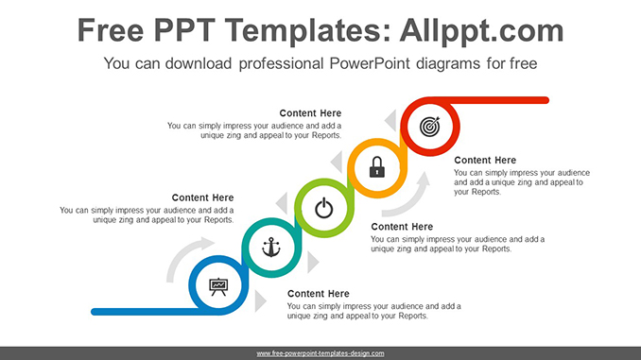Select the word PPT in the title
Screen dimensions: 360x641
[x=197, y=30]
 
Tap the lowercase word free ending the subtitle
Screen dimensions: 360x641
[x=523, y=64]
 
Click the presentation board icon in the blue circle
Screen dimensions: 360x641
[x=218, y=284]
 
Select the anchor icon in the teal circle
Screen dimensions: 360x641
[x=271, y=247]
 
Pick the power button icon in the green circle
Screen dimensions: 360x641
[x=324, y=208]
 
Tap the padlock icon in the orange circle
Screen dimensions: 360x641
[x=377, y=168]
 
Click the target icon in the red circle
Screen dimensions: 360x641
[x=430, y=125]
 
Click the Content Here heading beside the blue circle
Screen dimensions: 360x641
[x=319, y=294]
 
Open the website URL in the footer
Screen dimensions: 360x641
[x=320, y=353]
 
